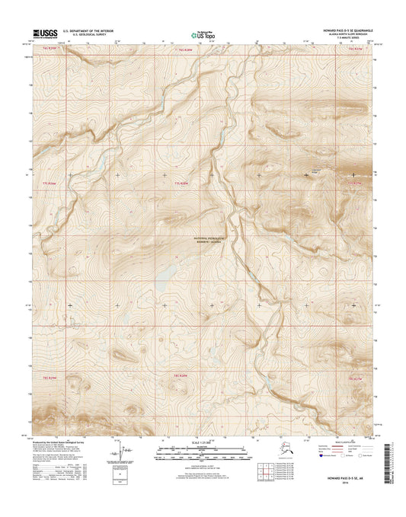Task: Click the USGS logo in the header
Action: click(x=40, y=33)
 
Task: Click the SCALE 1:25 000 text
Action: click(x=203, y=444)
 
